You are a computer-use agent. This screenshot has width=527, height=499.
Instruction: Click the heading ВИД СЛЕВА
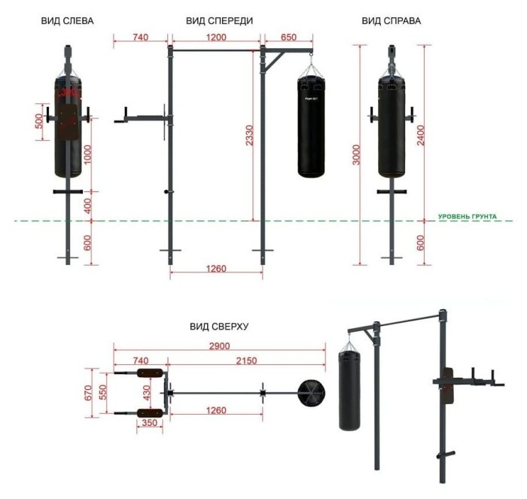(67, 21)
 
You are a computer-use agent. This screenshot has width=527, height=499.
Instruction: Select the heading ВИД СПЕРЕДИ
(220, 21)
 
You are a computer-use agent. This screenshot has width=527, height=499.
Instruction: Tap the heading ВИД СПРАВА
(391, 21)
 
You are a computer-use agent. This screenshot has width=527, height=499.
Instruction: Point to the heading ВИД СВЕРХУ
(219, 327)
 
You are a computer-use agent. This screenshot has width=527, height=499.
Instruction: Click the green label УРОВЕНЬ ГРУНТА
(468, 217)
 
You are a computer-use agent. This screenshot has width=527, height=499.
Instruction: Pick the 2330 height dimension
(249, 135)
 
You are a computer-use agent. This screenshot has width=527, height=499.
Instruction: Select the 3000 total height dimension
(356, 155)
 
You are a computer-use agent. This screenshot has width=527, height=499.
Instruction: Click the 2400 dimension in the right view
(420, 135)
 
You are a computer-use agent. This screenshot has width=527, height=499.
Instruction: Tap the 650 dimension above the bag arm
(288, 37)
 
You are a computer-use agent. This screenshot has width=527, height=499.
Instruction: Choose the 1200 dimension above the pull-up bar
(216, 37)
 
